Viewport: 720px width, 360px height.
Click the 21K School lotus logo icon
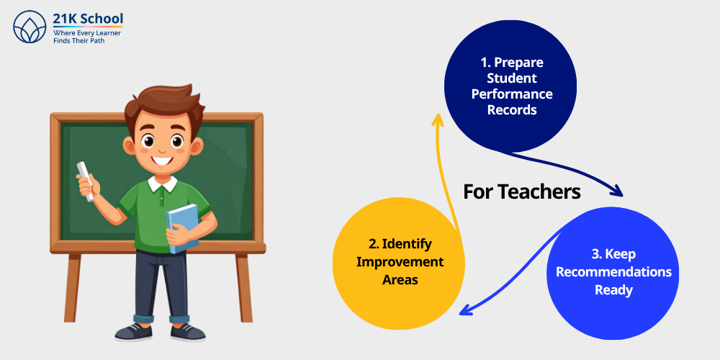[30, 27]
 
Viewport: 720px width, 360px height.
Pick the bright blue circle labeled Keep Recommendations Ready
[613, 272]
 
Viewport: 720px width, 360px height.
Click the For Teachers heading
[521, 192]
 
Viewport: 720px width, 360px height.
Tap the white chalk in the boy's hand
[86, 179]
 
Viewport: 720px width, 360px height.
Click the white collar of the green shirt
[163, 183]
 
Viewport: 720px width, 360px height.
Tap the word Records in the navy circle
[512, 110]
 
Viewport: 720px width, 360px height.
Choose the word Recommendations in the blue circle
[613, 272]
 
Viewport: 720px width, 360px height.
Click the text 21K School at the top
[88, 18]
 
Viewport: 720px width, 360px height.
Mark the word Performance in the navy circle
[512, 94]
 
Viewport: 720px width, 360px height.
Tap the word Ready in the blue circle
[613, 290]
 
